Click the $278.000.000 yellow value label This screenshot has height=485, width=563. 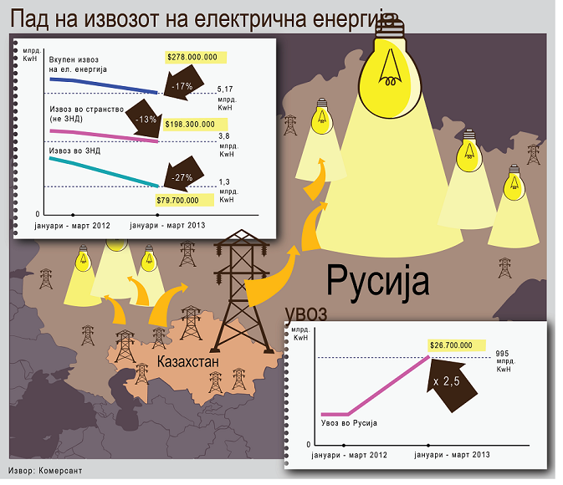click(x=196, y=58)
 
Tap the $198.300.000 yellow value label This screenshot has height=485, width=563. click(x=195, y=125)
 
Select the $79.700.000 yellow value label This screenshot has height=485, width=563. click(x=185, y=201)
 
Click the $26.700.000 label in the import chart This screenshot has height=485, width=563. click(x=457, y=345)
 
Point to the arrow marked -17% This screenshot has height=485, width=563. click(x=182, y=84)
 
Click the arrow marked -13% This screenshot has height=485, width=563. click(x=145, y=119)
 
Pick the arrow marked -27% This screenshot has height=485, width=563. click(x=182, y=175)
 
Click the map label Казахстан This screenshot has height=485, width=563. click(x=188, y=361)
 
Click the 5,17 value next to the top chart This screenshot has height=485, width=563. click(x=225, y=89)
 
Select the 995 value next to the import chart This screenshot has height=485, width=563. click(x=502, y=354)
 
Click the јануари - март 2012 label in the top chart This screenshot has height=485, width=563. click(x=72, y=226)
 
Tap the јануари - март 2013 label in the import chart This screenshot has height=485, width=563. click(x=452, y=455)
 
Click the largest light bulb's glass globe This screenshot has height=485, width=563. click(x=390, y=76)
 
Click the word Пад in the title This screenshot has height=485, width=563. click(x=30, y=18)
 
